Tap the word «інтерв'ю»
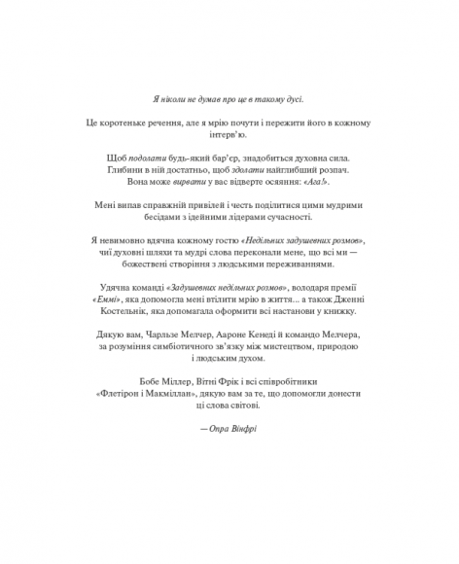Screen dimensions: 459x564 [x=229, y=137]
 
